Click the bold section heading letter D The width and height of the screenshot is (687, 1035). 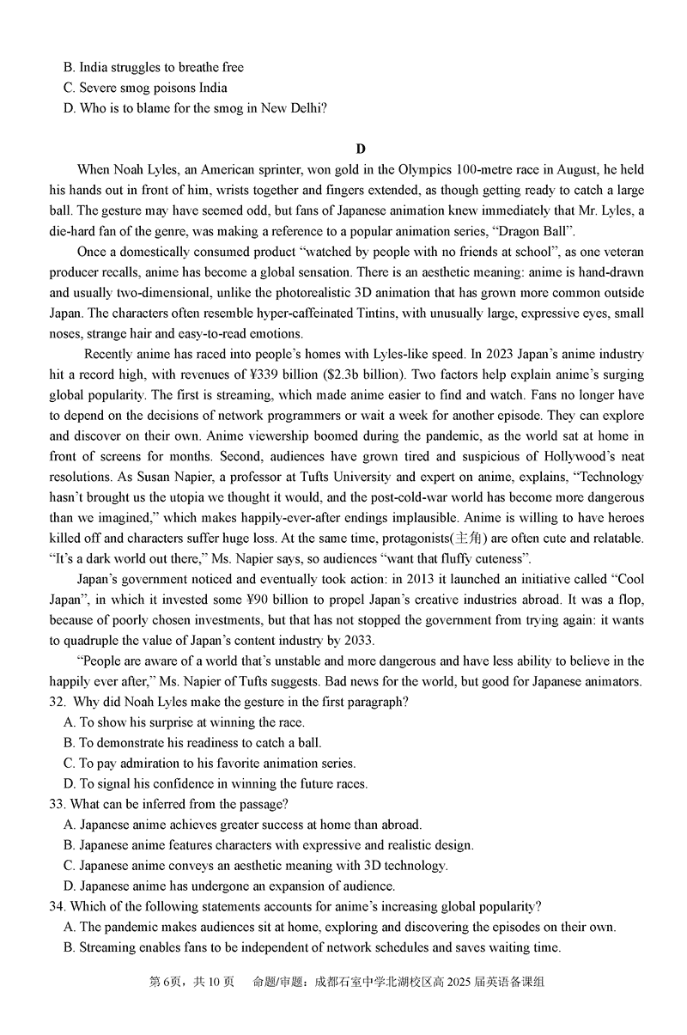click(x=362, y=149)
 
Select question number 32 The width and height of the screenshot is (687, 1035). click(x=58, y=703)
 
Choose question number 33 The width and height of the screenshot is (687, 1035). click(x=58, y=805)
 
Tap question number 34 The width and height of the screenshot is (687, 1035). click(x=58, y=907)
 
